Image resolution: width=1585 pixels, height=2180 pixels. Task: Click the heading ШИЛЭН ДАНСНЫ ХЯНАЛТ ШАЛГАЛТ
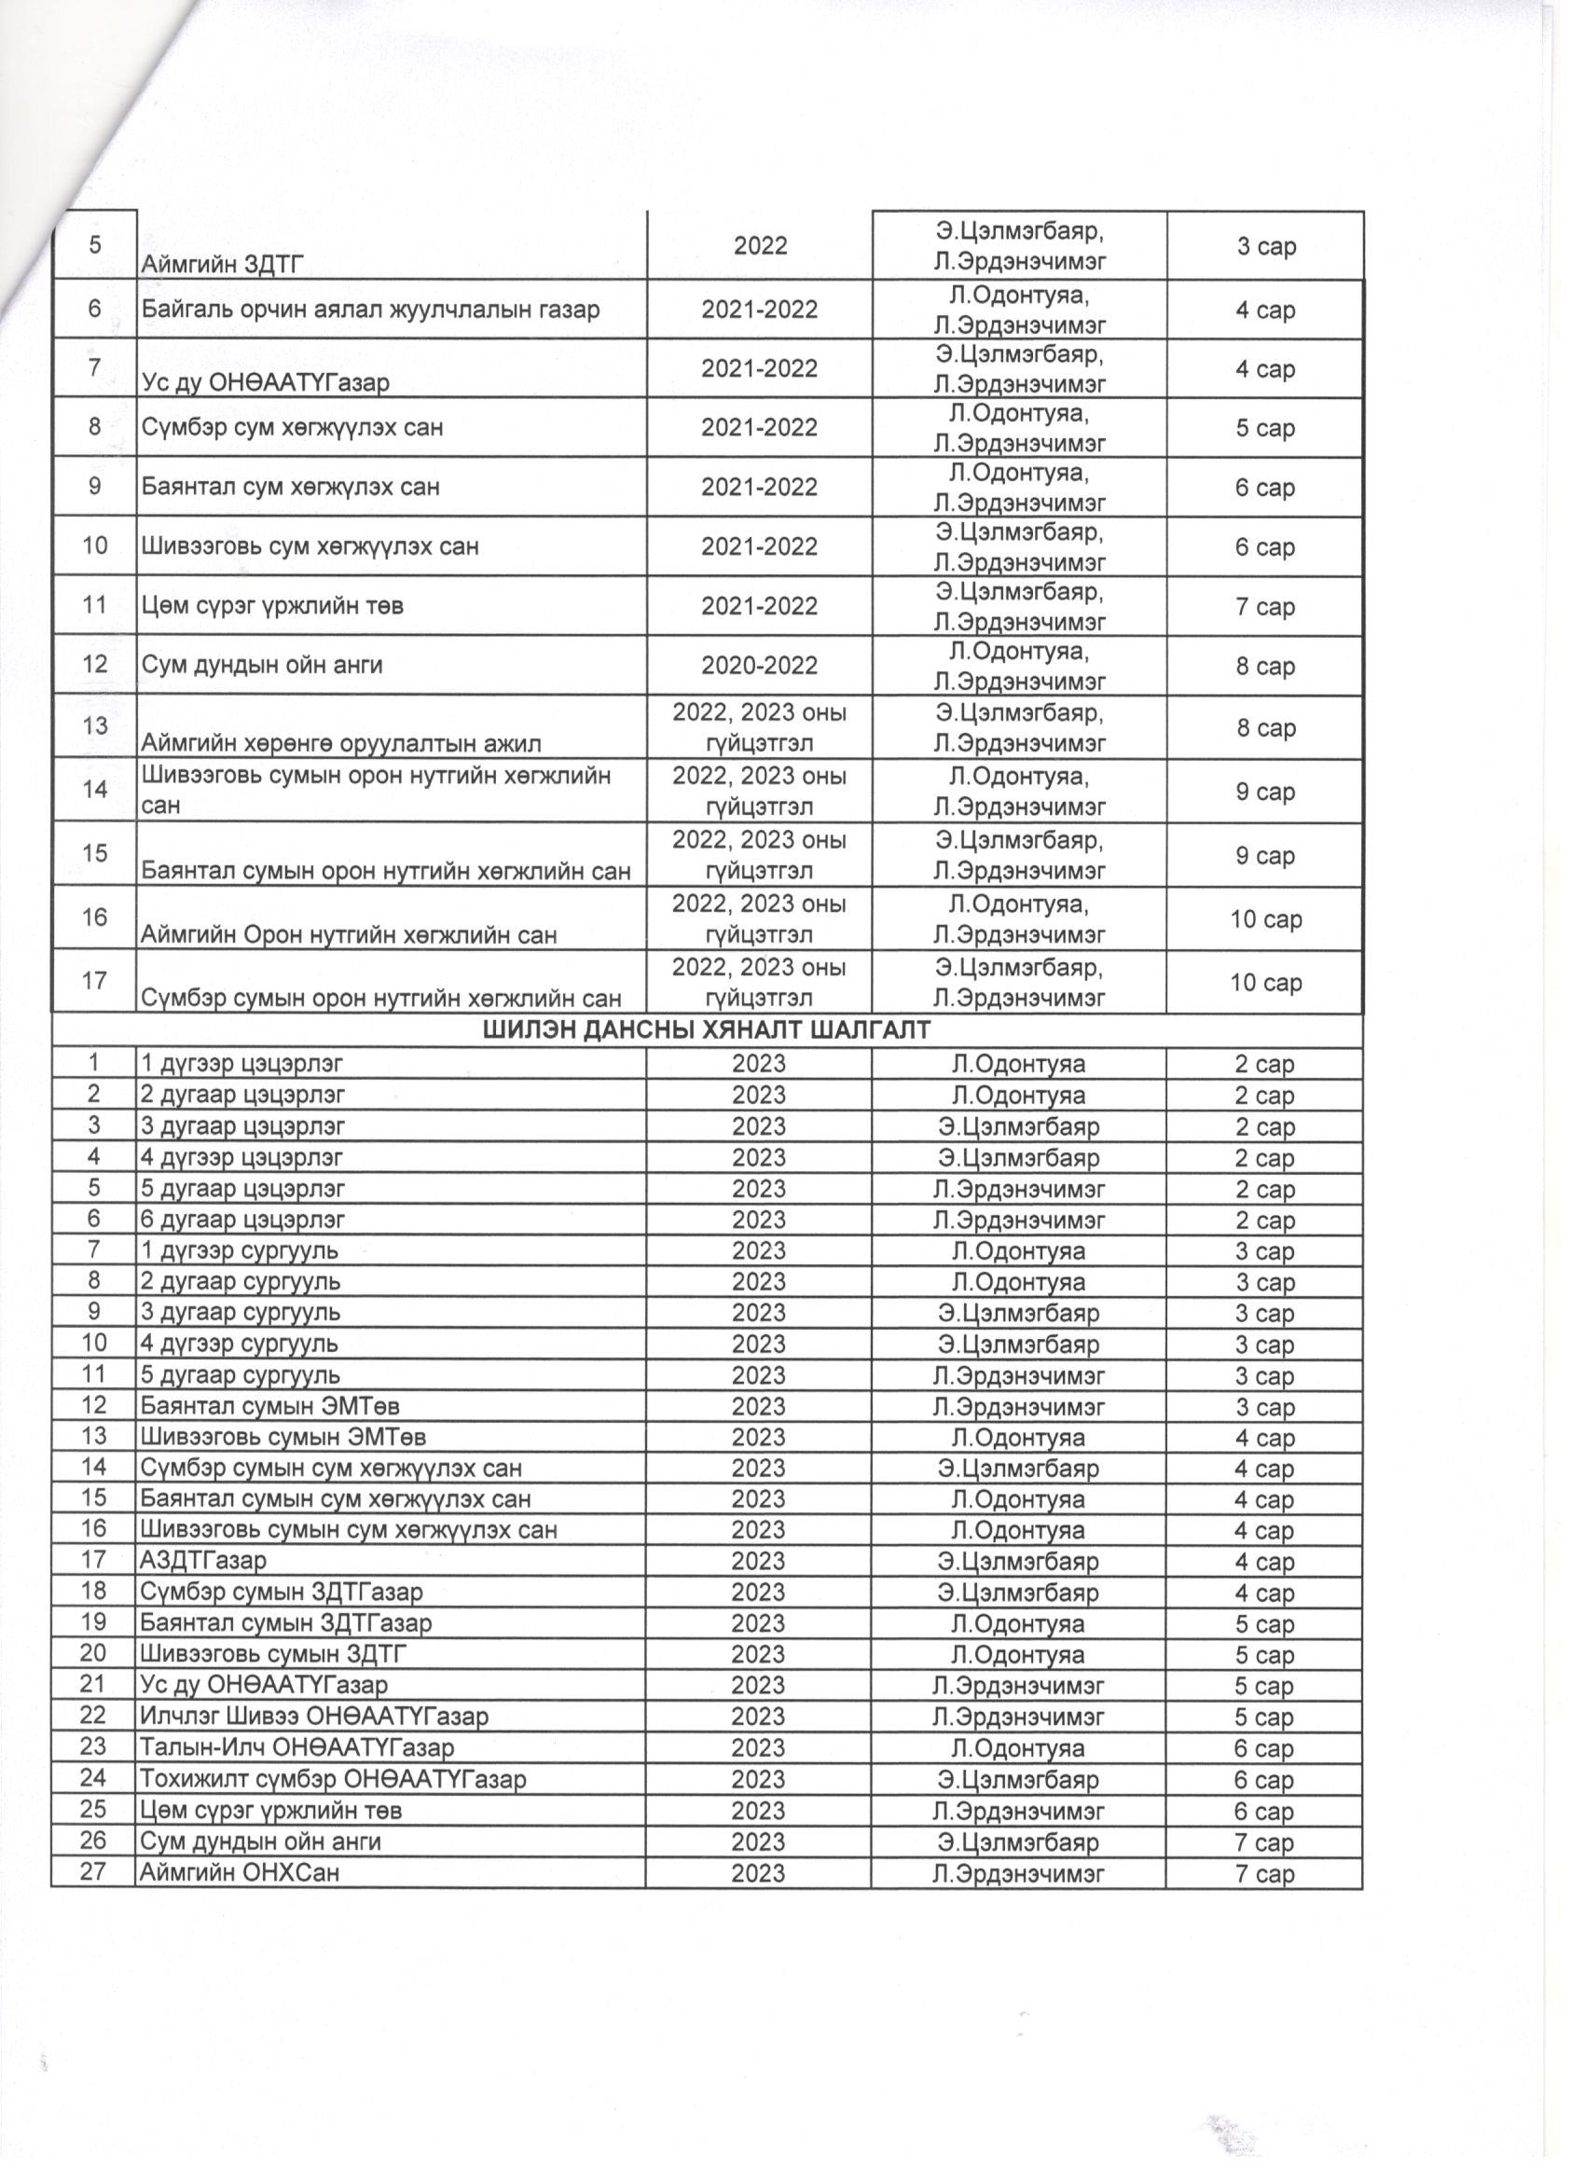point(706,1030)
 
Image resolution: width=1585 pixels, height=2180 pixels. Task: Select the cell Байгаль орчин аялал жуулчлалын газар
point(371,310)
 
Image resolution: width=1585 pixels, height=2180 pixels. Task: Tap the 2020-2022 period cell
point(758,665)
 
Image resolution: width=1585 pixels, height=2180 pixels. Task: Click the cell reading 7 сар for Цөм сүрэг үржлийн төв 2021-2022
point(1265,606)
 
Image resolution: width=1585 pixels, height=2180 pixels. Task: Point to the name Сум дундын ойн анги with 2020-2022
point(262,665)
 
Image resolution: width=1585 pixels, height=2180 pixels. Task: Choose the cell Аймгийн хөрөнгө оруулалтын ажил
point(342,743)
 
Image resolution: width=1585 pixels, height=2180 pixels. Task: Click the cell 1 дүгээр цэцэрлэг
point(242,1064)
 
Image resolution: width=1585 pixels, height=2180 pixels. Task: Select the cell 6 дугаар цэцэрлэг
point(243,1220)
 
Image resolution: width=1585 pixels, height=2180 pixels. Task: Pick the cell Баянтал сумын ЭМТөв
point(270,1406)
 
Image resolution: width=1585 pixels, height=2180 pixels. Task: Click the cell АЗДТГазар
point(204,1561)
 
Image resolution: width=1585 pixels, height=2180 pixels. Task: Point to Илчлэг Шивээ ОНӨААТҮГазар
point(314,1716)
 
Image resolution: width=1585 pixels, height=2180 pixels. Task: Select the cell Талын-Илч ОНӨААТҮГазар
point(297,1747)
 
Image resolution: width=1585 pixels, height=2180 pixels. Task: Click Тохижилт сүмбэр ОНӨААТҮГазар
point(334,1779)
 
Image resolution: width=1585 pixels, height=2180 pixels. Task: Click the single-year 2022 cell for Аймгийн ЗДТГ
point(759,246)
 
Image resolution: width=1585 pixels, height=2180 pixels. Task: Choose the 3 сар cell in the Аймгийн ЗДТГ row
point(1265,246)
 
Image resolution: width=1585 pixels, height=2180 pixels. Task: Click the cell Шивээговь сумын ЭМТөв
point(283,1437)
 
